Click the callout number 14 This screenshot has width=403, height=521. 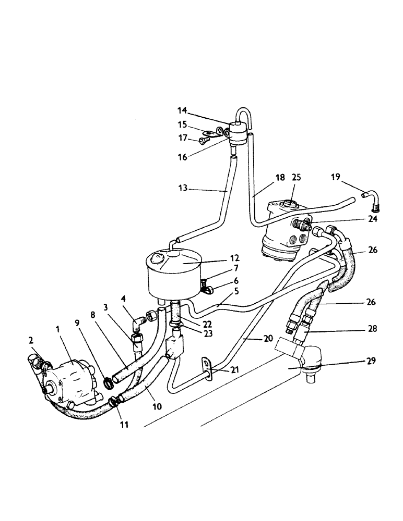pyautogui.click(x=182, y=110)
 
